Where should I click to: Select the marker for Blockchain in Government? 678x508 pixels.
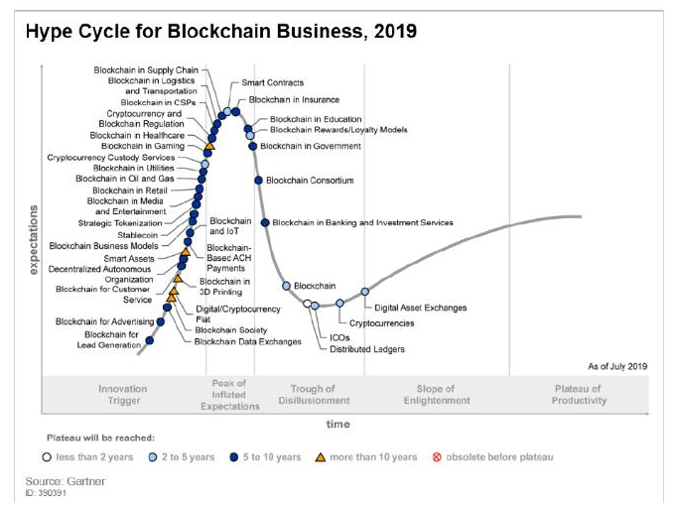click(252, 146)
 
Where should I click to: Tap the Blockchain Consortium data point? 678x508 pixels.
click(258, 181)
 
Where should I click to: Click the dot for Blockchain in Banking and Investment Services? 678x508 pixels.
click(265, 222)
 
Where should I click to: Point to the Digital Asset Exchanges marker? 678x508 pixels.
click(364, 292)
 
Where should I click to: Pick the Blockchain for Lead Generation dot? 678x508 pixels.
click(150, 341)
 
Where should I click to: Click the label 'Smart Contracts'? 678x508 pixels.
click(272, 82)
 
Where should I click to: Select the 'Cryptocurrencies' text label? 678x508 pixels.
click(382, 323)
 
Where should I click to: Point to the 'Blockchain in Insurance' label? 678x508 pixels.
click(294, 100)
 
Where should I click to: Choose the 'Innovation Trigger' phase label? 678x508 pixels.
click(123, 395)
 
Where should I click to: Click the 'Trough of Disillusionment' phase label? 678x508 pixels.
click(320, 395)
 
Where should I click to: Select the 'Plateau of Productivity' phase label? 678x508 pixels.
click(579, 395)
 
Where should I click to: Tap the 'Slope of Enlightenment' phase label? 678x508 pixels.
click(437, 395)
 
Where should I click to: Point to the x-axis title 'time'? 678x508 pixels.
click(339, 424)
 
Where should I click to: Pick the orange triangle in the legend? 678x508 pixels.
click(321, 457)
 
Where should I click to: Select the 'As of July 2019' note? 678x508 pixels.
click(616, 366)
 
